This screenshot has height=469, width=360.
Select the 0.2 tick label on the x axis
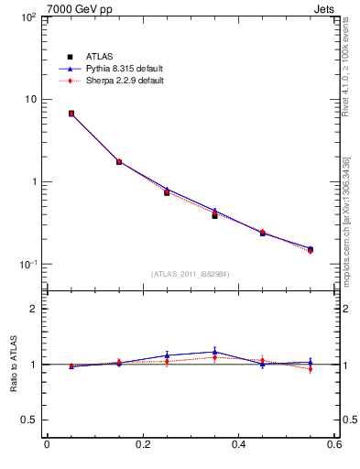point(142,445)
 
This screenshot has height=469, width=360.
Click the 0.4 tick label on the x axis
point(238,445)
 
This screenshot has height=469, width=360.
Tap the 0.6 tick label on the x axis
point(334,445)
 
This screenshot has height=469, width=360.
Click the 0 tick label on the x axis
point(47,445)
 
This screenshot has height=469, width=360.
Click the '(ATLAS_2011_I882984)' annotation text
point(191,274)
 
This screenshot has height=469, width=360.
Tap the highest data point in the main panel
point(71,114)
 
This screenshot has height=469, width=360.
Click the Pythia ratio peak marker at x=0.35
point(214,351)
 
